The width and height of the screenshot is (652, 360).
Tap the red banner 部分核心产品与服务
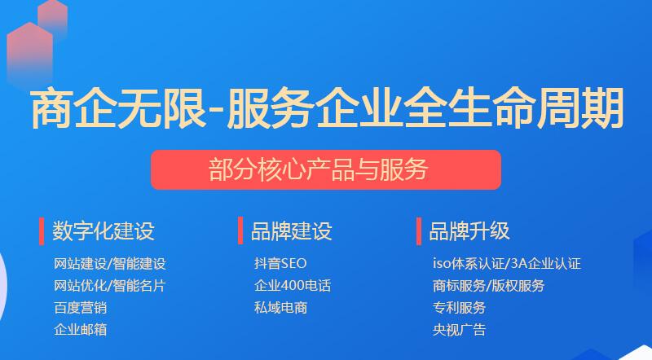[326, 169]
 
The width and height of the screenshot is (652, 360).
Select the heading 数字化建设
[103, 230]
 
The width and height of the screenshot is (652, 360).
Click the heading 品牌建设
[291, 230]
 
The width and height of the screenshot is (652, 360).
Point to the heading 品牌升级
[469, 230]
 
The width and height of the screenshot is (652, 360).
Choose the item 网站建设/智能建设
[110, 264]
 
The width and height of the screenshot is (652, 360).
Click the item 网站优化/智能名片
[110, 286]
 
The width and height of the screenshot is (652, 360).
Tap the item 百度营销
[80, 308]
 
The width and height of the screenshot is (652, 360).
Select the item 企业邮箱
[80, 330]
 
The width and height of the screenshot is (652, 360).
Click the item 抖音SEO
[280, 264]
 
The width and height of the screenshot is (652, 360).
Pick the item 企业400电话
[292, 286]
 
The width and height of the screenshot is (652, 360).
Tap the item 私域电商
[280, 308]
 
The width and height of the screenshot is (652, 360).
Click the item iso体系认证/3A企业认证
[506, 264]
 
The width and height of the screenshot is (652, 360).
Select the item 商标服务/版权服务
[488, 286]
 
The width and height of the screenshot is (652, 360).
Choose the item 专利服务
[459, 308]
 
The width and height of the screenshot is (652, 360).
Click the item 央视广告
[459, 330]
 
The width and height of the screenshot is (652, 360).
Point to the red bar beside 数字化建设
[42, 230]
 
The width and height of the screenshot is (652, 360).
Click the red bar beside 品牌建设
[240, 230]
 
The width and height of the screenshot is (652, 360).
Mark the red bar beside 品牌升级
[419, 230]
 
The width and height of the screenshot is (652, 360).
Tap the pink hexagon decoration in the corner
[33, 45]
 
